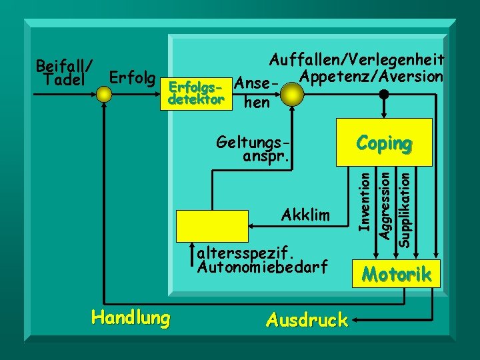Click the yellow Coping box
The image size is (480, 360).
384,142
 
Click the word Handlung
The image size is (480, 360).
131,317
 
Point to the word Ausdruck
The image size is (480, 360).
306,320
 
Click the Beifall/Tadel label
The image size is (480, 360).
65,73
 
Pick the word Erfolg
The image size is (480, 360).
133,79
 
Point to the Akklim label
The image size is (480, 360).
306,215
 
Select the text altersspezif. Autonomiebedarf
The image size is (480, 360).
263,260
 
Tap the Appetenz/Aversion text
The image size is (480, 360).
371,77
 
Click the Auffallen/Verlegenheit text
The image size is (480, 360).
356,61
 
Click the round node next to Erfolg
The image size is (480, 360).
104,94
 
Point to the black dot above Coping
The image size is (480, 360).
384,94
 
